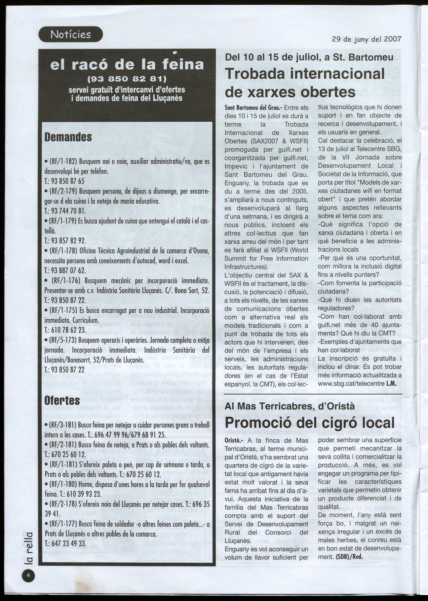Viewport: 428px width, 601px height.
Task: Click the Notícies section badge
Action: (x=71, y=34)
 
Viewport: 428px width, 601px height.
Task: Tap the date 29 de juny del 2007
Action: (x=366, y=39)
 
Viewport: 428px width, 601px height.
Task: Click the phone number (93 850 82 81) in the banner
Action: (x=127, y=80)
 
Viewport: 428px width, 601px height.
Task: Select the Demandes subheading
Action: (x=68, y=137)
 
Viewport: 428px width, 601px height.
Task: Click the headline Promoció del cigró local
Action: (x=309, y=423)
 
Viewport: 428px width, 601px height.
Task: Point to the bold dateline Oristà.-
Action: (x=234, y=440)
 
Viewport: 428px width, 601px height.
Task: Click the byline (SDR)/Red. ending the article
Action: (x=349, y=556)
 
